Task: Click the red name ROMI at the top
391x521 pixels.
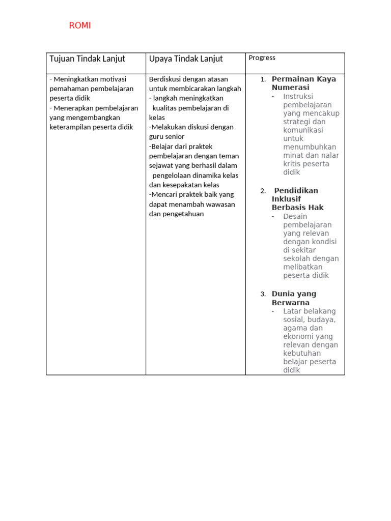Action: click(80, 25)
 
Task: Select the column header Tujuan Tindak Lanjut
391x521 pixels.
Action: click(87, 59)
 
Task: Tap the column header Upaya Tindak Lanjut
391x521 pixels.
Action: click(186, 59)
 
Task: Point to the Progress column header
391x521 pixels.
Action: click(262, 57)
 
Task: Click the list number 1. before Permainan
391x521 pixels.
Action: click(263, 79)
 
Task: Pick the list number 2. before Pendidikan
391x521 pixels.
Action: click(263, 191)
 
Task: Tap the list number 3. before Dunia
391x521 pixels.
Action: click(263, 294)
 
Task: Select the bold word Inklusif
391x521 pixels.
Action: click(286, 199)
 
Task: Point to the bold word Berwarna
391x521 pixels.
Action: click(290, 303)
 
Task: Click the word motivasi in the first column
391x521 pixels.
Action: click(114, 79)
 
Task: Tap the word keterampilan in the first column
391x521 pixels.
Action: click(73, 127)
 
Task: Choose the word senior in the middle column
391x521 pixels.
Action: click(174, 137)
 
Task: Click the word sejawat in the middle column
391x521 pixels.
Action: click(161, 166)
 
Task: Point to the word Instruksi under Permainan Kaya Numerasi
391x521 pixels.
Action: click(298, 96)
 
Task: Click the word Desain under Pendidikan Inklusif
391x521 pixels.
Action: click(295, 216)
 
